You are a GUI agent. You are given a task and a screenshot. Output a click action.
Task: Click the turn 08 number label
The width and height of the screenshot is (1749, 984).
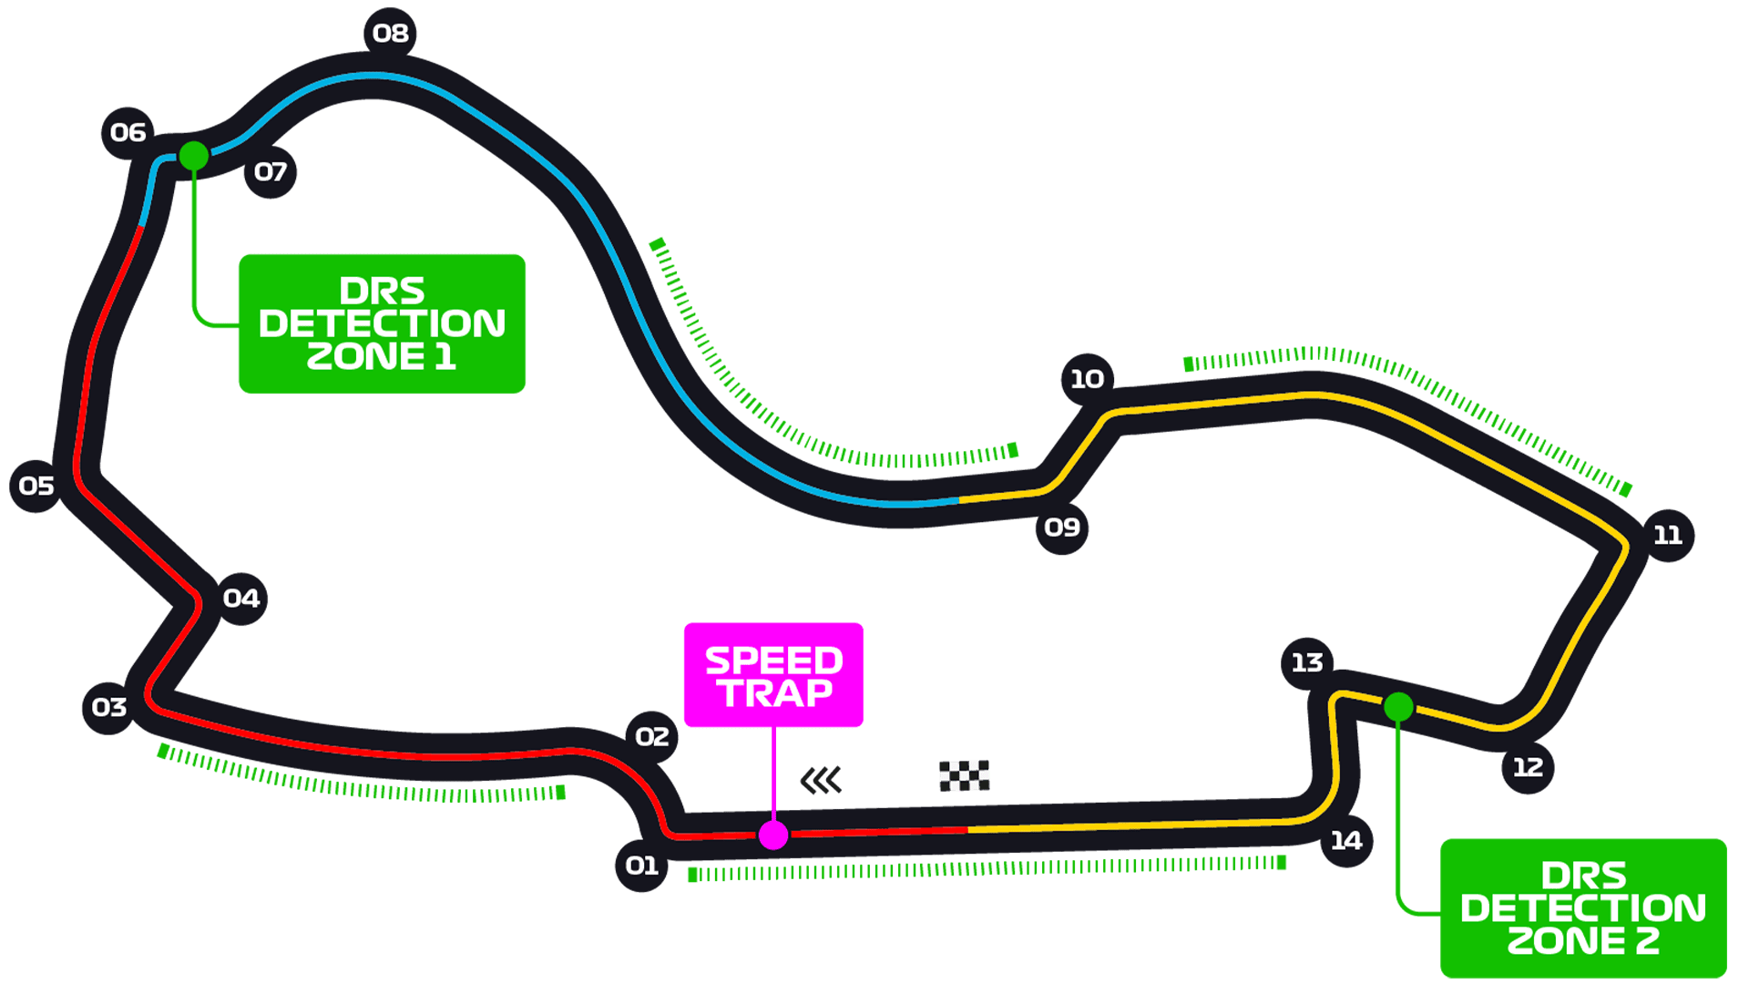click(x=391, y=34)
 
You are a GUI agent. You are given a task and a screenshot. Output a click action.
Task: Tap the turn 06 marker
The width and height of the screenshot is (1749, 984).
click(x=128, y=133)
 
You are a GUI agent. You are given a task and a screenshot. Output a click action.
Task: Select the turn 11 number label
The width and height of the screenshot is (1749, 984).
click(x=1668, y=536)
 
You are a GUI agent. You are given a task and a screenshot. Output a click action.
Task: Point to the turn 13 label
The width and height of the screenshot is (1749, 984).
click(x=1307, y=662)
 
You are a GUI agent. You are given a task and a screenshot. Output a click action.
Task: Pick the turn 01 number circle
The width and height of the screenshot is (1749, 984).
click(x=641, y=866)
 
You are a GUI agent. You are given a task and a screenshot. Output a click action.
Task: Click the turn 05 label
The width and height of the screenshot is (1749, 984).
click(x=36, y=487)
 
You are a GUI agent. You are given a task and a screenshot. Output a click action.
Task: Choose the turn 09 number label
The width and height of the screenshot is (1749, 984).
click(x=1062, y=528)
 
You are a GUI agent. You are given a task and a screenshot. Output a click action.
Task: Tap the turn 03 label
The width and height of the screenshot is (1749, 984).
click(x=109, y=708)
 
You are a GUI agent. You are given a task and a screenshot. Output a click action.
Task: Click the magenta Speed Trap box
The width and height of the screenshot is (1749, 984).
click(x=773, y=675)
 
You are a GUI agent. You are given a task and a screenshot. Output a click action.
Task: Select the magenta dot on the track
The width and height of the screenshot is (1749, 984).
click(x=773, y=835)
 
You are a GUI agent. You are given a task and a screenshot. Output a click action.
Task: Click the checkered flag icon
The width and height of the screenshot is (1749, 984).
click(x=964, y=775)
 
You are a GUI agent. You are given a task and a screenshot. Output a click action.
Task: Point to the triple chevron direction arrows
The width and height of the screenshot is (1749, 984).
click(x=821, y=781)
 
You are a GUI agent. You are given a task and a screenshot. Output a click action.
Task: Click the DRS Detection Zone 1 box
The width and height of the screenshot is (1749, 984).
click(x=382, y=323)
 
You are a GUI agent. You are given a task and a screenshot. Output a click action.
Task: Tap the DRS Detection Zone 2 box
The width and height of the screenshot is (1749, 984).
click(x=1582, y=907)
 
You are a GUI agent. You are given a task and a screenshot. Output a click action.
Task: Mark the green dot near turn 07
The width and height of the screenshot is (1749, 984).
click(x=194, y=156)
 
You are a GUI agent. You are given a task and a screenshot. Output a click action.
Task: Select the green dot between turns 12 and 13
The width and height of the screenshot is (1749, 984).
click(x=1398, y=707)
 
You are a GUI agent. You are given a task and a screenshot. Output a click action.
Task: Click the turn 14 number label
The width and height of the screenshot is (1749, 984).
click(x=1346, y=841)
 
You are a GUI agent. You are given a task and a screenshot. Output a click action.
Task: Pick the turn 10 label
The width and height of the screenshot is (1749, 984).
click(x=1087, y=379)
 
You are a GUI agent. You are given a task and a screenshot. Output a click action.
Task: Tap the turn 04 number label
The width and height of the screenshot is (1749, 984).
click(x=241, y=599)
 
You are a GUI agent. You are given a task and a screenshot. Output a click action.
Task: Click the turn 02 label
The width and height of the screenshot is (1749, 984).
click(x=652, y=737)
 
